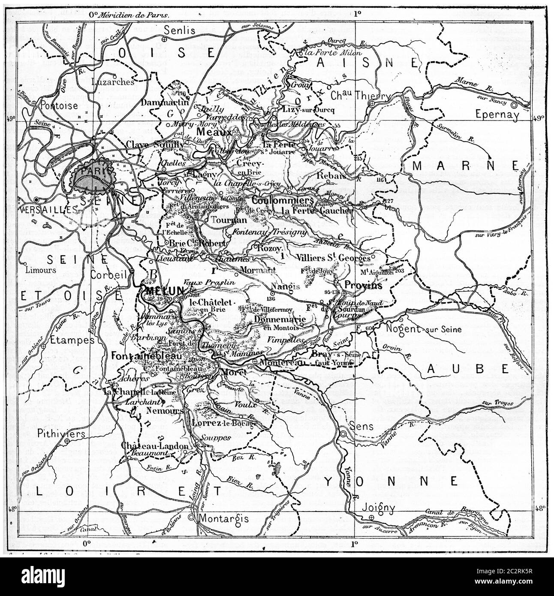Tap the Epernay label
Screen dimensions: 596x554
tap(498, 115)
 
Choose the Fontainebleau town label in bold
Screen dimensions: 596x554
tap(141, 355)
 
